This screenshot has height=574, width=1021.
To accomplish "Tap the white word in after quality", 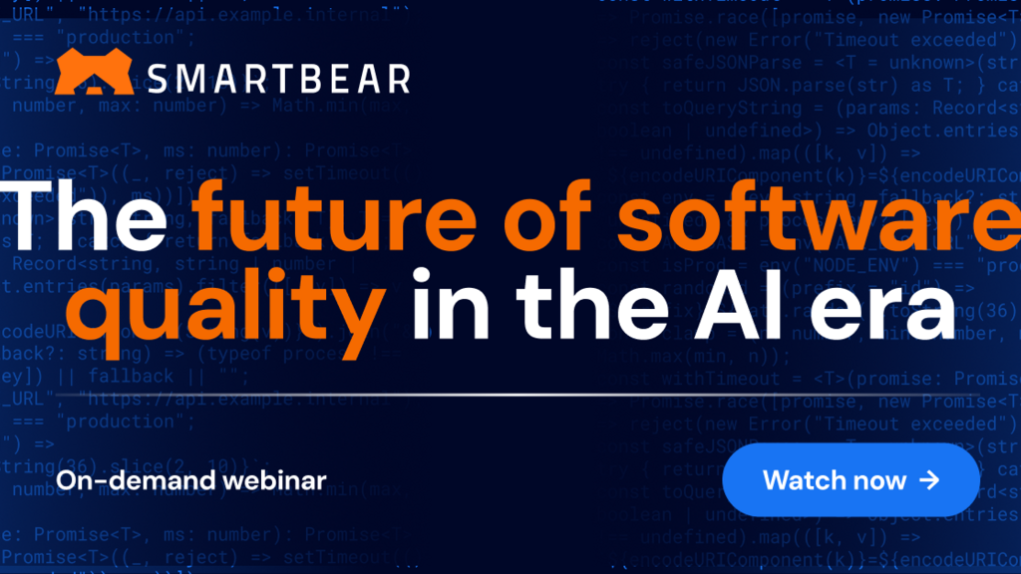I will tap(440, 295).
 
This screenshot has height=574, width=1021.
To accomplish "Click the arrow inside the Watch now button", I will tap(929, 480).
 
